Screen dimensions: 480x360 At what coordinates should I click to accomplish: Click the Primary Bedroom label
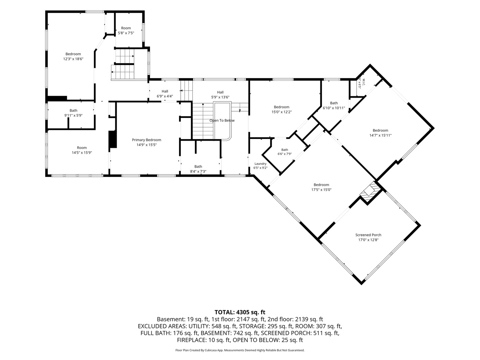[147, 140]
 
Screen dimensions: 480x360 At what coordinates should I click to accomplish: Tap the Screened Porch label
[368, 235]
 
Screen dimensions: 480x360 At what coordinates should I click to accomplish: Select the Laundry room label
[260, 164]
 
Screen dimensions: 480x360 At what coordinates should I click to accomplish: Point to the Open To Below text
[222, 120]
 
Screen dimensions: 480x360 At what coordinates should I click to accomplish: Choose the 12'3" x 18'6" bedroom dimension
[73, 59]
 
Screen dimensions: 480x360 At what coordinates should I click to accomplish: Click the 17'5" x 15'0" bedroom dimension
[321, 190]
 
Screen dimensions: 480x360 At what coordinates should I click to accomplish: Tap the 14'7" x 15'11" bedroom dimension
[381, 135]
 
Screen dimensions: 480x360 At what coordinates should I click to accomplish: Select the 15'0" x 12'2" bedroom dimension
[281, 112]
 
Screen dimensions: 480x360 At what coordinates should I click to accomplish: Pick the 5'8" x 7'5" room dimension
[126, 33]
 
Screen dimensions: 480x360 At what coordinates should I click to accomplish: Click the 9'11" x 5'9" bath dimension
[73, 115]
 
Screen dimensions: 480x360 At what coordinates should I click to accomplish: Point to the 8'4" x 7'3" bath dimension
[198, 171]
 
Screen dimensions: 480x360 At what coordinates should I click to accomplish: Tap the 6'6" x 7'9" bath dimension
[285, 154]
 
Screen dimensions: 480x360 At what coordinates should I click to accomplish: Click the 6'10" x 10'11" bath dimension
[334, 108]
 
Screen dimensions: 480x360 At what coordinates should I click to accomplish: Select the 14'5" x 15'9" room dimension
[82, 153]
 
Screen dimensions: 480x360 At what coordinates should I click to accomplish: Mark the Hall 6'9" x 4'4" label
[165, 94]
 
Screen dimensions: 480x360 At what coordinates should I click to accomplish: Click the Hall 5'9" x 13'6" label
[220, 95]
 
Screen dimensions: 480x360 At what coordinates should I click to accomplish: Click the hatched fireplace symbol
[370, 192]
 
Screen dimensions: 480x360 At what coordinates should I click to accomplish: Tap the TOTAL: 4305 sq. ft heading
[240, 312]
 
